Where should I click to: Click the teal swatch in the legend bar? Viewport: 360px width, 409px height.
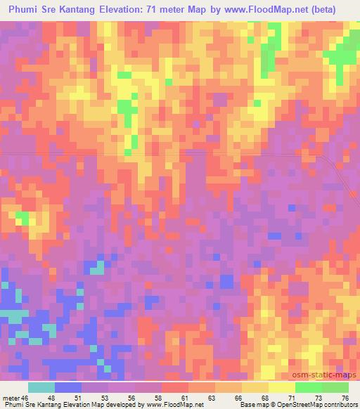click(41, 388)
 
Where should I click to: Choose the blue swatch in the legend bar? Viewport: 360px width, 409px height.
click(68, 388)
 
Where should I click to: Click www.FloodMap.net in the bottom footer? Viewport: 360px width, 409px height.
click(174, 405)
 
